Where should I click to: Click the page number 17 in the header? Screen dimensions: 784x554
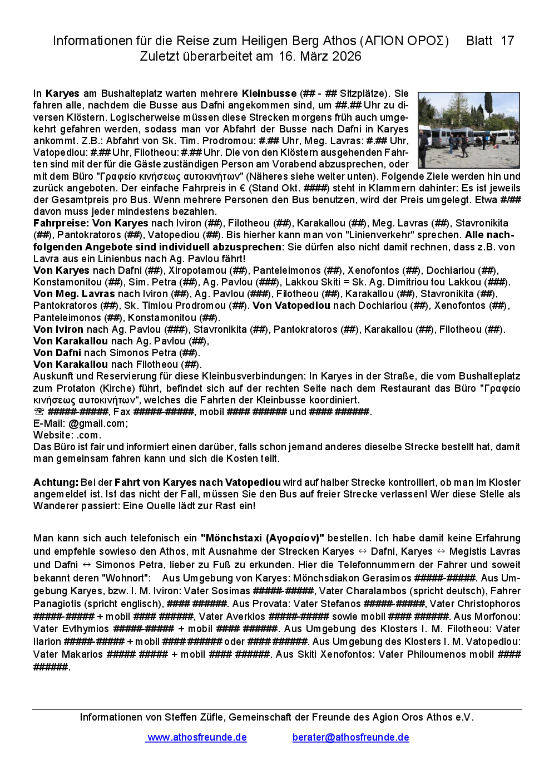point(507,41)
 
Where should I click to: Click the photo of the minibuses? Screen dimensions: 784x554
point(468,130)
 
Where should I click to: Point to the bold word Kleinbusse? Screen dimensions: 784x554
point(269,93)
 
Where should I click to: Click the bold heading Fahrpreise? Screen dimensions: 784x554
point(61,223)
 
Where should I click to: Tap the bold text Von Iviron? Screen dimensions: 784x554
point(58,329)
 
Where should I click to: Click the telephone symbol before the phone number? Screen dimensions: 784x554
point(39,412)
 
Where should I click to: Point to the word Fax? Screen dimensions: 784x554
point(122,412)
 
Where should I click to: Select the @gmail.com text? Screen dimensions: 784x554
point(98,423)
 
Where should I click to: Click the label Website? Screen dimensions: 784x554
point(53,435)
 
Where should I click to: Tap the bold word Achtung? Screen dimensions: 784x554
point(56,482)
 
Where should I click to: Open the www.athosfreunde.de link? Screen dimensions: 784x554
point(197,737)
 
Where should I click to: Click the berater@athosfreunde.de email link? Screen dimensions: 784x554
point(350,737)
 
